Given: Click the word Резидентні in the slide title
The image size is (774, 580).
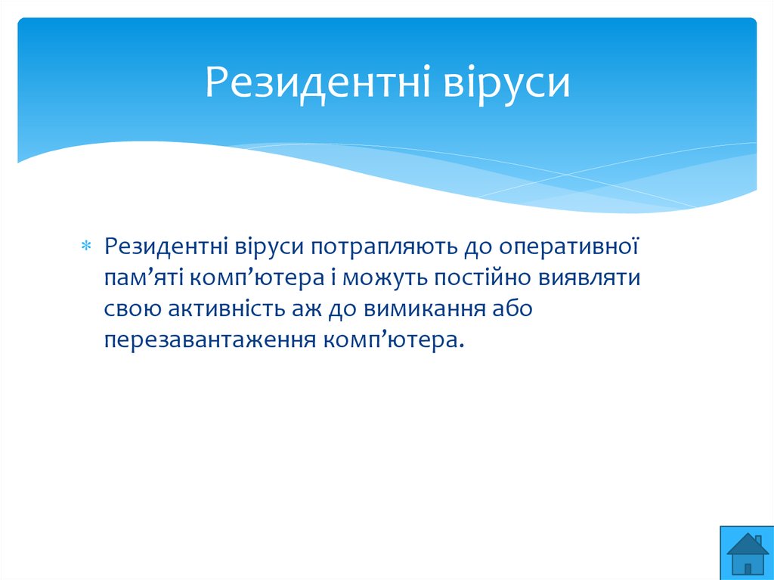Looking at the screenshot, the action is [x=318, y=82].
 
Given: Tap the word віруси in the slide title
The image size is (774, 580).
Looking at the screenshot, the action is [x=506, y=82].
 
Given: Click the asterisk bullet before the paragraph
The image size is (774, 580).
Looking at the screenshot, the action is [x=86, y=245].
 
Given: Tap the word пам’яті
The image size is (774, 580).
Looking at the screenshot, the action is [x=143, y=278].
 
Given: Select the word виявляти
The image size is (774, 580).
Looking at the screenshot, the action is [x=590, y=278].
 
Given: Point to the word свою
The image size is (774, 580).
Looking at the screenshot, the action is [x=132, y=309].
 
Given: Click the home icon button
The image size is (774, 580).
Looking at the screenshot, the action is [x=747, y=553].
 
